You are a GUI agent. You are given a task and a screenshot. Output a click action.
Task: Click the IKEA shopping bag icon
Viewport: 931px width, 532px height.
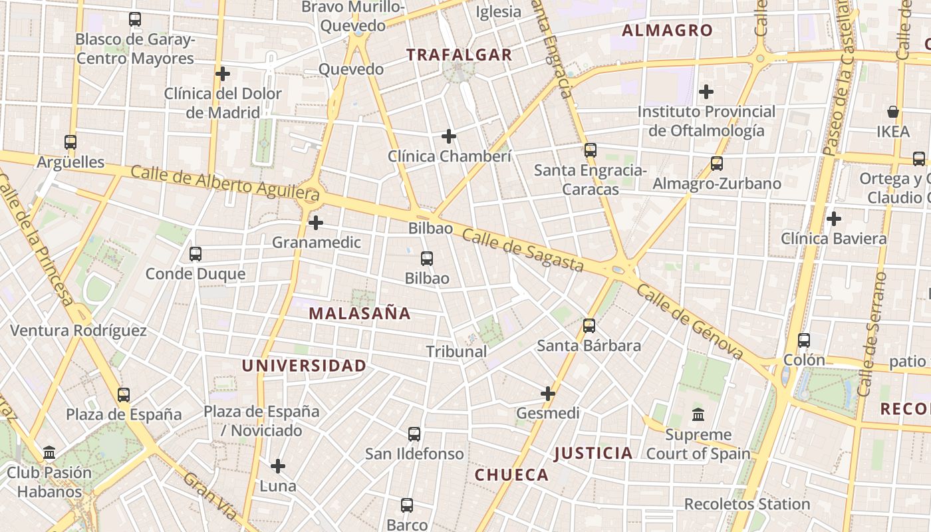pos(893,112)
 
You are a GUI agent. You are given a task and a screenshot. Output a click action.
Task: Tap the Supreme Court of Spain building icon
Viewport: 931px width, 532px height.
pos(698,415)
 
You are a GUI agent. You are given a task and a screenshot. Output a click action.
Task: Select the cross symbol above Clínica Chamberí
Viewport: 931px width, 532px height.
pos(449,136)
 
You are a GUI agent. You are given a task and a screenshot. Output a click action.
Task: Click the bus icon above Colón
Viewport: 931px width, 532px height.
pos(804,340)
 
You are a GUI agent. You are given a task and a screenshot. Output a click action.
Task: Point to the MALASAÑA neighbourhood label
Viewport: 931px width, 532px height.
pos(360,313)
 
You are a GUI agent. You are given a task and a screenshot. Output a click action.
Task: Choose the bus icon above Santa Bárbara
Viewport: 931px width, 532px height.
pos(589,325)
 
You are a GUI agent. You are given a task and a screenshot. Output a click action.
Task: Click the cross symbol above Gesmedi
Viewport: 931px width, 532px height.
pos(548,394)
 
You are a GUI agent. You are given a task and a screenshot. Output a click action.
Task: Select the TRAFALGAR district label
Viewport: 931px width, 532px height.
pos(460,55)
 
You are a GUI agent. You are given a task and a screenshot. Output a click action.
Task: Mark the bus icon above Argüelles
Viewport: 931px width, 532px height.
pos(70,142)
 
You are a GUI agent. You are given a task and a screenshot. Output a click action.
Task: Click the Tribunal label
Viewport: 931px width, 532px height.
pos(456,352)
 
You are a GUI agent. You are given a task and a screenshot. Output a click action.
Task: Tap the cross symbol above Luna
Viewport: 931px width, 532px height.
pos(278,466)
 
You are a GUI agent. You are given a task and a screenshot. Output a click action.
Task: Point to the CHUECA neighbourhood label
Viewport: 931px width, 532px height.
pos(511,475)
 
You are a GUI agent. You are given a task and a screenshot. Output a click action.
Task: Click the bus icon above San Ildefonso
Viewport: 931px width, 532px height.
pos(414,434)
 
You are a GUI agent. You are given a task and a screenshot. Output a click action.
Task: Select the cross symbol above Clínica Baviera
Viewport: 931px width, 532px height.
pos(833,218)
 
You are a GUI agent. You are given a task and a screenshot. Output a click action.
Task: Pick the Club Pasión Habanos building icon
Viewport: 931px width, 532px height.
pos(49,453)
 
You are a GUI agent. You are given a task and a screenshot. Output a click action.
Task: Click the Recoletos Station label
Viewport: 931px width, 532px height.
pos(747,504)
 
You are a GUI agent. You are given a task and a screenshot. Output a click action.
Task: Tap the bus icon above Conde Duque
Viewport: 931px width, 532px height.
pos(196,253)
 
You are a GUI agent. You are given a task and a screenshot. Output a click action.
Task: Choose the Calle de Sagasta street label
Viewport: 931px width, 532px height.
pos(523,250)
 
